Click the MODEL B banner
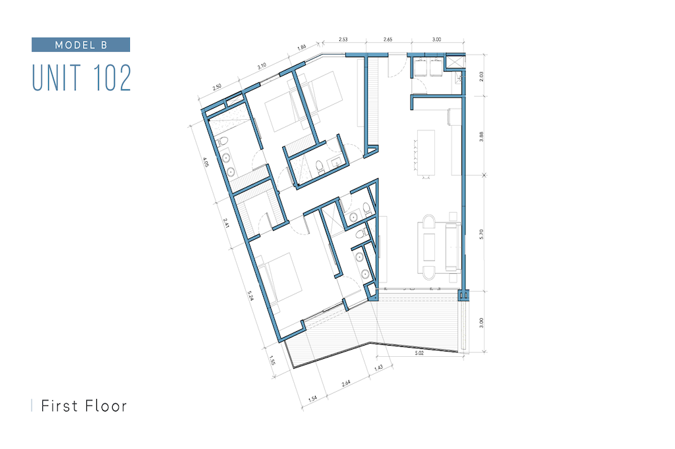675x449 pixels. click(x=80, y=45)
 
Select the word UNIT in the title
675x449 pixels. click(x=57, y=78)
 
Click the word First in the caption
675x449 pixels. click(x=59, y=406)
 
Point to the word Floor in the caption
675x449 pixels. click(x=106, y=406)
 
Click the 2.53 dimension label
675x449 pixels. click(x=343, y=39)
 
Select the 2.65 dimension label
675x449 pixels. click(x=388, y=39)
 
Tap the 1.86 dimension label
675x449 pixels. click(x=302, y=47)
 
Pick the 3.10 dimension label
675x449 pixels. click(x=262, y=66)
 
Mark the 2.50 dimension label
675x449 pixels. click(x=217, y=86)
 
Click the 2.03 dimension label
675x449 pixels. click(x=481, y=76)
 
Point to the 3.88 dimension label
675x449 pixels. click(x=481, y=137)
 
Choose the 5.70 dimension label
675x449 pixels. click(x=481, y=234)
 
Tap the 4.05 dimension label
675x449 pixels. click(x=206, y=162)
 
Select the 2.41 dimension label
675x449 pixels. click(x=226, y=223)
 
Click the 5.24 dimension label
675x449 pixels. click(x=250, y=296)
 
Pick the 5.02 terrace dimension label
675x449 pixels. click(x=419, y=353)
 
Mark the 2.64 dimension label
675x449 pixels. click(x=346, y=383)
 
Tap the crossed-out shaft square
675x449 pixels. click(x=455, y=61)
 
